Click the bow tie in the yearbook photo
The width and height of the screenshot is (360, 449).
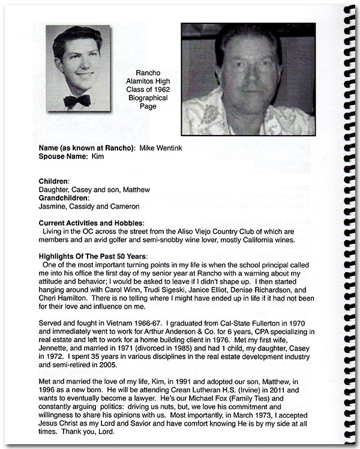tap(77, 100)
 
